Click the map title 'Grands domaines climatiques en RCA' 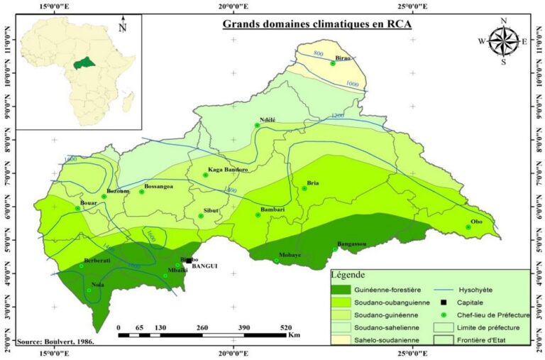[x=317, y=23]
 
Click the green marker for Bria [x=304, y=188]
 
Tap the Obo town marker [x=468, y=227]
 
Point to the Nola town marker [x=89, y=290]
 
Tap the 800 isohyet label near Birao [x=318, y=55]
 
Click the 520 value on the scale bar [x=286, y=327]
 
